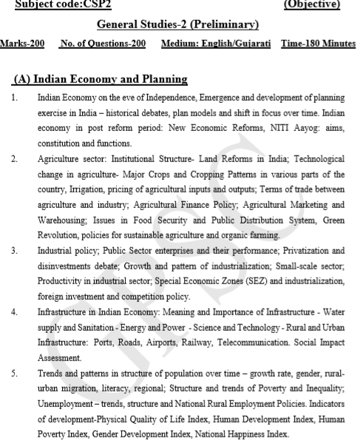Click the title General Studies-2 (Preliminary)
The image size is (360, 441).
(x=180, y=25)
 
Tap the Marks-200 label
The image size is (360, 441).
(x=22, y=44)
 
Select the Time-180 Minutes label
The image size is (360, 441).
(x=318, y=44)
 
